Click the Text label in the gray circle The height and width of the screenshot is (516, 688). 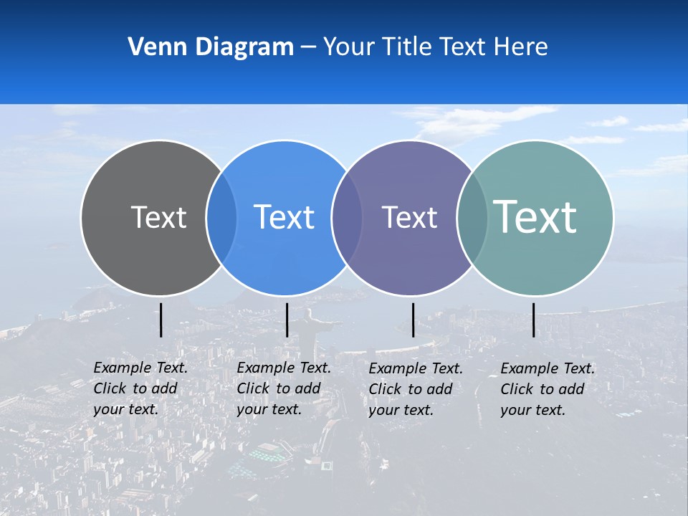[x=158, y=217]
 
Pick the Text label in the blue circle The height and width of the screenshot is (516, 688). [x=284, y=217]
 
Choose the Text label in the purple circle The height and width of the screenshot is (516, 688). [x=409, y=217]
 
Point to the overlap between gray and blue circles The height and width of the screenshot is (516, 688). [x=221, y=217]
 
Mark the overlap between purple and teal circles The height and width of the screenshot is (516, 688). [x=472, y=217]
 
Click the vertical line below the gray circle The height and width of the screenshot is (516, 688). [x=161, y=320]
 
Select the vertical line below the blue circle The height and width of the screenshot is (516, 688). [x=287, y=320]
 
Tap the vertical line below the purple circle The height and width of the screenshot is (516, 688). [x=413, y=320]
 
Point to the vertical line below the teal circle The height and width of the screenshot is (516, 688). [x=533, y=320]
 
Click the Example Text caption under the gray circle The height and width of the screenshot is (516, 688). [x=140, y=388]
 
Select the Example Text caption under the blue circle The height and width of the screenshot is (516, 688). [x=284, y=388]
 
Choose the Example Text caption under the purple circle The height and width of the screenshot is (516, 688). [x=416, y=389]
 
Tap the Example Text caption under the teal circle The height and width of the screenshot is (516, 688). [x=548, y=389]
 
